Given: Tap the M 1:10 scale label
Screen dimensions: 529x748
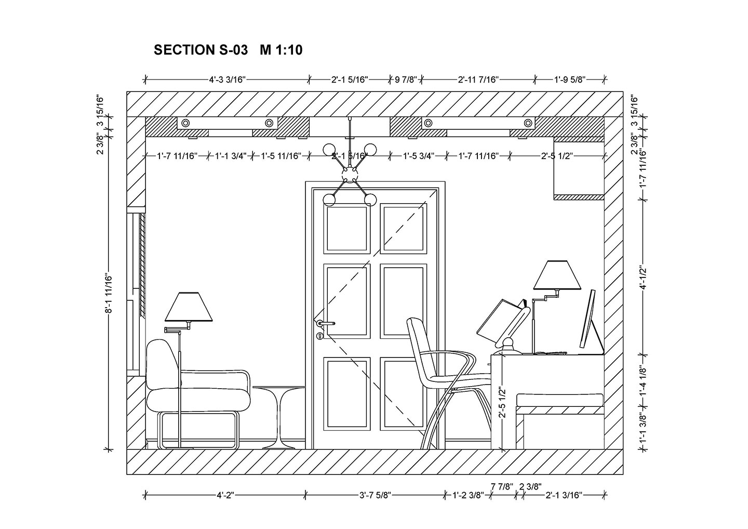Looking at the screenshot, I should coord(281,50).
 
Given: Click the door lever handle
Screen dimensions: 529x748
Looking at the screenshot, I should coord(326,323).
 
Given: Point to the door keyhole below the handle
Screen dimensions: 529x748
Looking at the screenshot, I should coord(319,336).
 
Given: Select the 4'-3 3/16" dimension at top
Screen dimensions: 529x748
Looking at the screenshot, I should coord(227,80).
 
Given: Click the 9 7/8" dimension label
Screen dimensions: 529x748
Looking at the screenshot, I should coord(406,80).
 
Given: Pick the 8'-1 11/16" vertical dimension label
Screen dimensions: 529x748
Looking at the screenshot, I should coord(109,294).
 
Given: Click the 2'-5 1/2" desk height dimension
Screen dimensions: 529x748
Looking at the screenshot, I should coord(502,402).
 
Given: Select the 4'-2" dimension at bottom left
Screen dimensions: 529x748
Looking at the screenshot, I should coord(226,495).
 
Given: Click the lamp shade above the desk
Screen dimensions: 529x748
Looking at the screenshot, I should coord(557,275).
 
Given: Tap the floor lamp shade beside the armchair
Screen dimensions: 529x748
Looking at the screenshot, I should coord(189,307).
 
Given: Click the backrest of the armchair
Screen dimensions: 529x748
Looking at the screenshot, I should coord(162,364).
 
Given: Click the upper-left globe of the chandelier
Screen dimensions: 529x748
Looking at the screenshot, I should coord(330,150).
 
